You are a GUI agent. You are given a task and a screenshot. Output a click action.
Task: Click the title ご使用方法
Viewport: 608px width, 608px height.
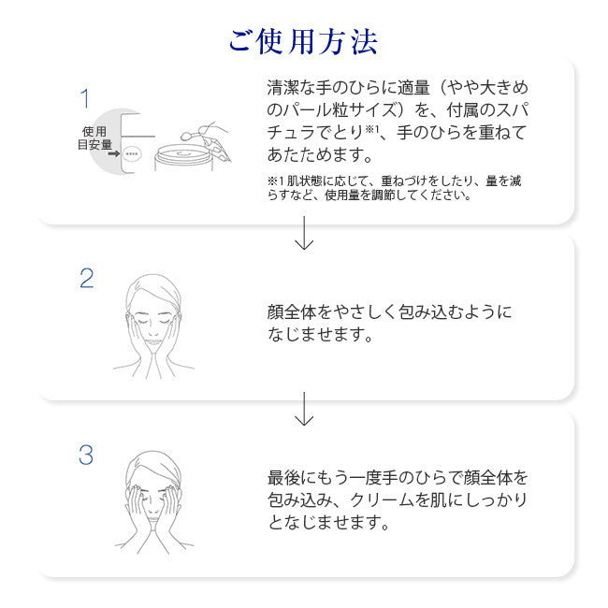(x=303, y=41)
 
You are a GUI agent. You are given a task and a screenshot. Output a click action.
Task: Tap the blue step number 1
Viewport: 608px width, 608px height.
(x=85, y=98)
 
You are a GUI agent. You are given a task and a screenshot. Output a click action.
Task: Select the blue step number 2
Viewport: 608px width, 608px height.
(x=86, y=278)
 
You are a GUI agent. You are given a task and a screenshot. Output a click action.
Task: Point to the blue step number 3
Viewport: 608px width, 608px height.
(x=86, y=455)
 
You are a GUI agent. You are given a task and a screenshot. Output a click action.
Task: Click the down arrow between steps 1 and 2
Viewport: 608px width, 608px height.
(x=304, y=233)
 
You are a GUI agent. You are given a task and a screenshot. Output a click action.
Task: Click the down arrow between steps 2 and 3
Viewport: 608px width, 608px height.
(x=304, y=409)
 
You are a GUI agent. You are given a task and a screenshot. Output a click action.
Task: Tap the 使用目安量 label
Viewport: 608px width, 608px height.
(x=94, y=138)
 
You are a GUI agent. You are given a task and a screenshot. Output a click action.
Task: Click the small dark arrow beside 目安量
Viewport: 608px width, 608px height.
(x=113, y=154)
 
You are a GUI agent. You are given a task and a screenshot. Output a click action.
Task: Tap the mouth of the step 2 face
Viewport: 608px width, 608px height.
(x=154, y=342)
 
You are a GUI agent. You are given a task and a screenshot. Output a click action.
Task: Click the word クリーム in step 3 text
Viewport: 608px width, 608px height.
(x=382, y=500)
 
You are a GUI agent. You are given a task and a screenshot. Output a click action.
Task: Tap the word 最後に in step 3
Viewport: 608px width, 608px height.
(x=292, y=478)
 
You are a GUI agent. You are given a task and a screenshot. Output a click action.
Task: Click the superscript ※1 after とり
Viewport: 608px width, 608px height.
(x=371, y=129)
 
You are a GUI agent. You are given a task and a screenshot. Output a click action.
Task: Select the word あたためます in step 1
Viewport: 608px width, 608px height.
(x=315, y=154)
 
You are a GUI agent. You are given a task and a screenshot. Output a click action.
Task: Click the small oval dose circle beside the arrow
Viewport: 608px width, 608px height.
(x=132, y=154)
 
